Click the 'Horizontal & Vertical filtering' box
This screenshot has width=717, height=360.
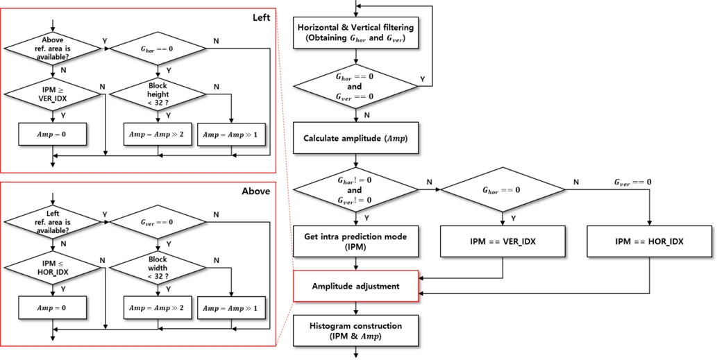[355, 34]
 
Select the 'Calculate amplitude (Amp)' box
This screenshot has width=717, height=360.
[355, 138]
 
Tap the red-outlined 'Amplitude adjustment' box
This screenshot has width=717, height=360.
[355, 286]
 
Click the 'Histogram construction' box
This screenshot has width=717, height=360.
[355, 330]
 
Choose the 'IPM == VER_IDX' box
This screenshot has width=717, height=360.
[502, 242]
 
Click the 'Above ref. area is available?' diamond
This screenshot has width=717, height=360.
[53, 49]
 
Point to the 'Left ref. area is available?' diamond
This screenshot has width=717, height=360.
[53, 222]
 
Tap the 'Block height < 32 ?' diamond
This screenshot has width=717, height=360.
[158, 93]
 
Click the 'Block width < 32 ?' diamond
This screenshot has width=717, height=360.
[158, 266]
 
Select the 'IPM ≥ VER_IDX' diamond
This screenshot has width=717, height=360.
[53, 93]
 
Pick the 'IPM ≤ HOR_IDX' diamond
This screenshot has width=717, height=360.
[53, 266]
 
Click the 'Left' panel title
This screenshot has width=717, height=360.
[261, 16]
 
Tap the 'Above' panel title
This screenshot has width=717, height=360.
[257, 190]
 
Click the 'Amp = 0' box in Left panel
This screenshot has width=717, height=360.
[53, 134]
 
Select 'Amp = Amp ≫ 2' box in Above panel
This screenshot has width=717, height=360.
[157, 306]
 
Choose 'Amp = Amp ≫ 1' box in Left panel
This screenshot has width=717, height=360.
[232, 134]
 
